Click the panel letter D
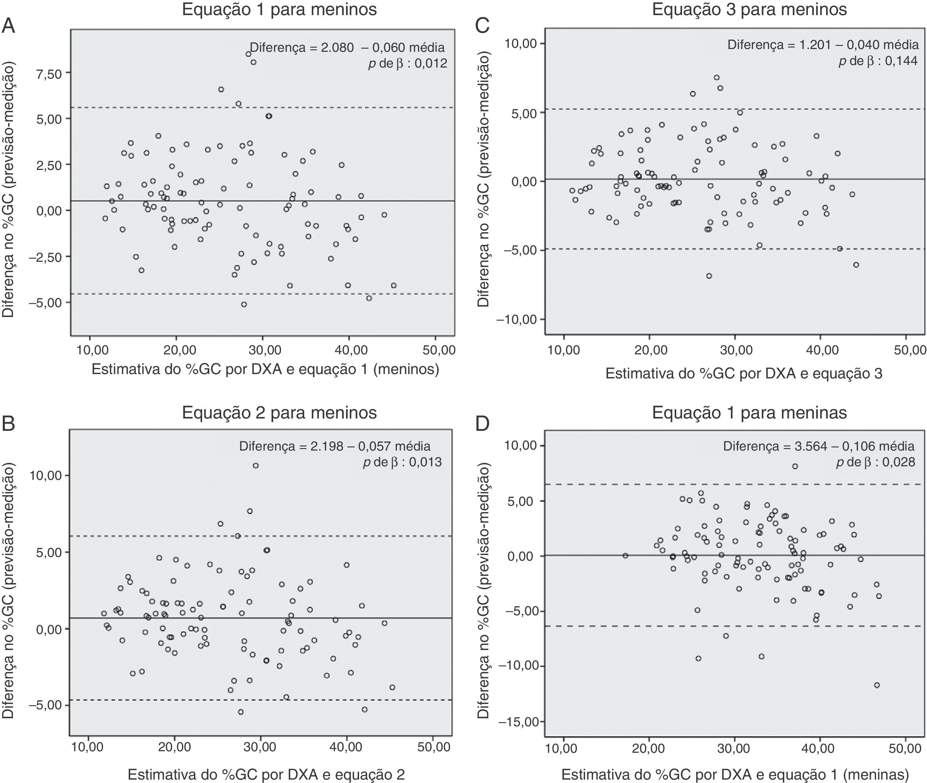tap(482, 424)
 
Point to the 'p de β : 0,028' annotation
tap(875, 463)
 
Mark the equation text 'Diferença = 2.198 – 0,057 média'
tap(334, 446)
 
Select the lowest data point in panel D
tap(877, 685)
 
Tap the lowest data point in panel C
tap(709, 276)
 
